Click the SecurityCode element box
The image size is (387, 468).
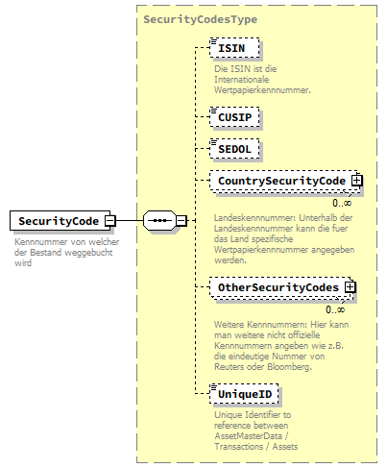pos(57,221)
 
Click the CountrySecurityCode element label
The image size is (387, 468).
pos(280,181)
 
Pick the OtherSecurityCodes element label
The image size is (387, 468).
pos(278,287)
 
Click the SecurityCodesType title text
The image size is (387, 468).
pos(200,18)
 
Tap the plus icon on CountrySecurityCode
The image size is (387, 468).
pos(356,180)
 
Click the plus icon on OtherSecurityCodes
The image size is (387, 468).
pos(351,286)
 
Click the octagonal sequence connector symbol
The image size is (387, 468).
pos(157,221)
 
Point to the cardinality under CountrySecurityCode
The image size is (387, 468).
pos(340,203)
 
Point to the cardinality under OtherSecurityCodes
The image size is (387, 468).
pos(335,309)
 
